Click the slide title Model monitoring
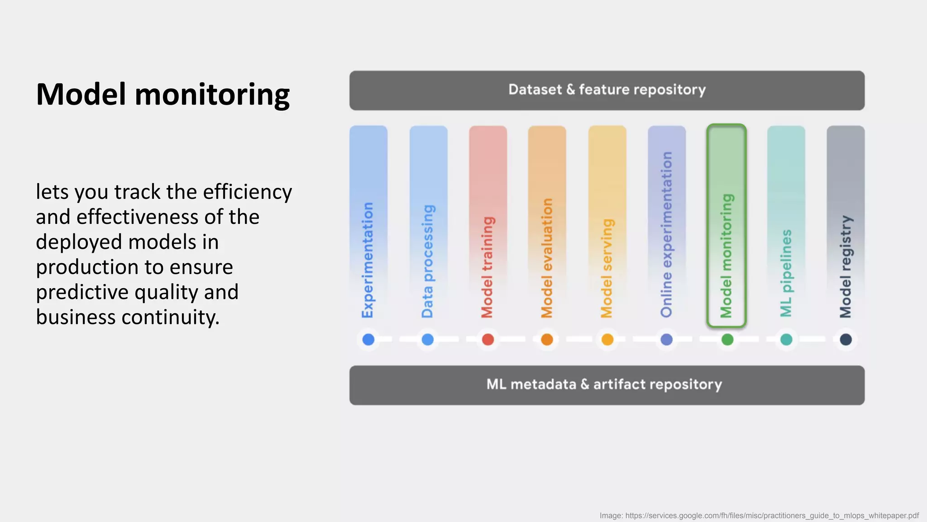162,95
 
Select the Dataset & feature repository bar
607,90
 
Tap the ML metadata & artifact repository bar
607,385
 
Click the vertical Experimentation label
368,260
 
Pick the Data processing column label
427,261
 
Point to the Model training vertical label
487,267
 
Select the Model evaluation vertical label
547,258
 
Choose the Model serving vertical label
607,268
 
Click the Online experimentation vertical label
666,235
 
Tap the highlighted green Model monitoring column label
726,256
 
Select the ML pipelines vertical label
786,273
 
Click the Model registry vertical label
846,267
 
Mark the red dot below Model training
488,339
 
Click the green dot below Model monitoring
727,339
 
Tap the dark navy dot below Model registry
846,339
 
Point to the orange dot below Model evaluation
547,339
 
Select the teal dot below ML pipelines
786,339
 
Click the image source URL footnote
759,516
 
